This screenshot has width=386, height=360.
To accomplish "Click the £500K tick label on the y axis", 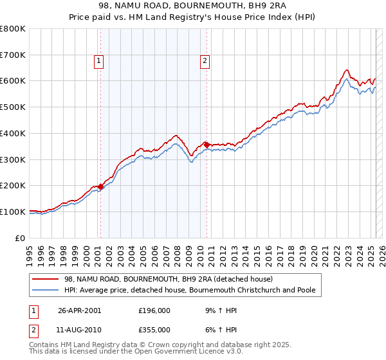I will (12, 107).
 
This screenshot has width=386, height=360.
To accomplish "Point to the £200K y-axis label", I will (12, 185).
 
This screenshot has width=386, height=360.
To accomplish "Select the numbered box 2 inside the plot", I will (205, 61).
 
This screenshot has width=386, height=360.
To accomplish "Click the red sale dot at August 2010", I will (207, 145).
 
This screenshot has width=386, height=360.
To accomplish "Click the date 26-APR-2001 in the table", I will (80, 310).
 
